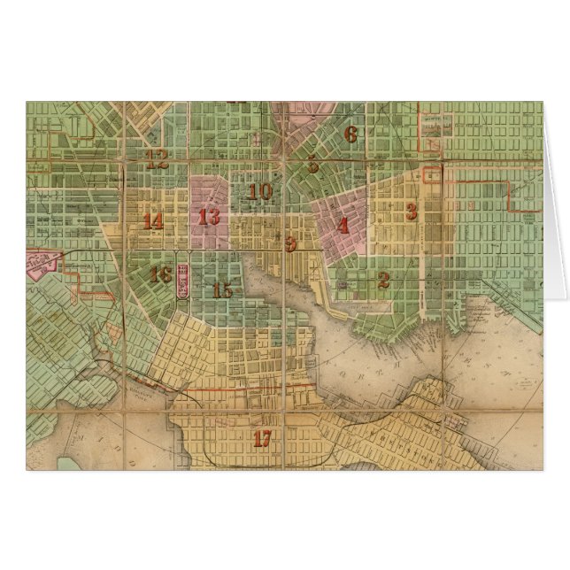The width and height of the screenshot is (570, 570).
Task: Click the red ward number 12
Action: point(158,160)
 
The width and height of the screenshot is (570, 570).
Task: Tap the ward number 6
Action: point(350,135)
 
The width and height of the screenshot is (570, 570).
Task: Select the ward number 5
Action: point(312,164)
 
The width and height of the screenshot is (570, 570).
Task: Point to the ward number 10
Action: point(260,191)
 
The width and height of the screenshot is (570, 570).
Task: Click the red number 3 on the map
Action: point(411,211)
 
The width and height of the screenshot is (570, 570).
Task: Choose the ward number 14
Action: point(153,221)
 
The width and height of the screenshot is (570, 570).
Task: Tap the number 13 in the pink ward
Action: point(210,216)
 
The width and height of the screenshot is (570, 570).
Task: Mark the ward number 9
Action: point(290,241)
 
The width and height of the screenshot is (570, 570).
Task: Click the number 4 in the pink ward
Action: point(342,225)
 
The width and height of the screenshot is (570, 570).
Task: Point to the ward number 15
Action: point(222,289)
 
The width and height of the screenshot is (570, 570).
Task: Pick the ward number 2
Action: point(383,281)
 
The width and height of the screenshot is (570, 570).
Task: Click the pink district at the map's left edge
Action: point(42,263)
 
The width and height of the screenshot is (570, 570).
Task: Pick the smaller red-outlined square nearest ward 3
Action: point(432,173)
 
